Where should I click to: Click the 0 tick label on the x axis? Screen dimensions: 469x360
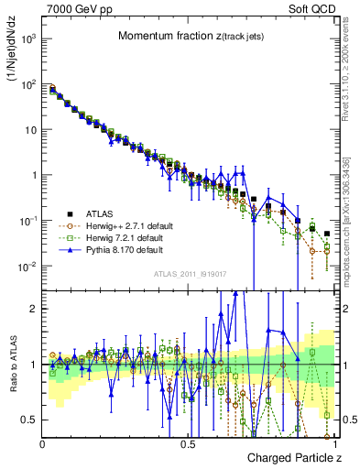click(x=43, y=443)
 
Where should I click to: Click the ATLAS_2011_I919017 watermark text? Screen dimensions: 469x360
click(x=189, y=274)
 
